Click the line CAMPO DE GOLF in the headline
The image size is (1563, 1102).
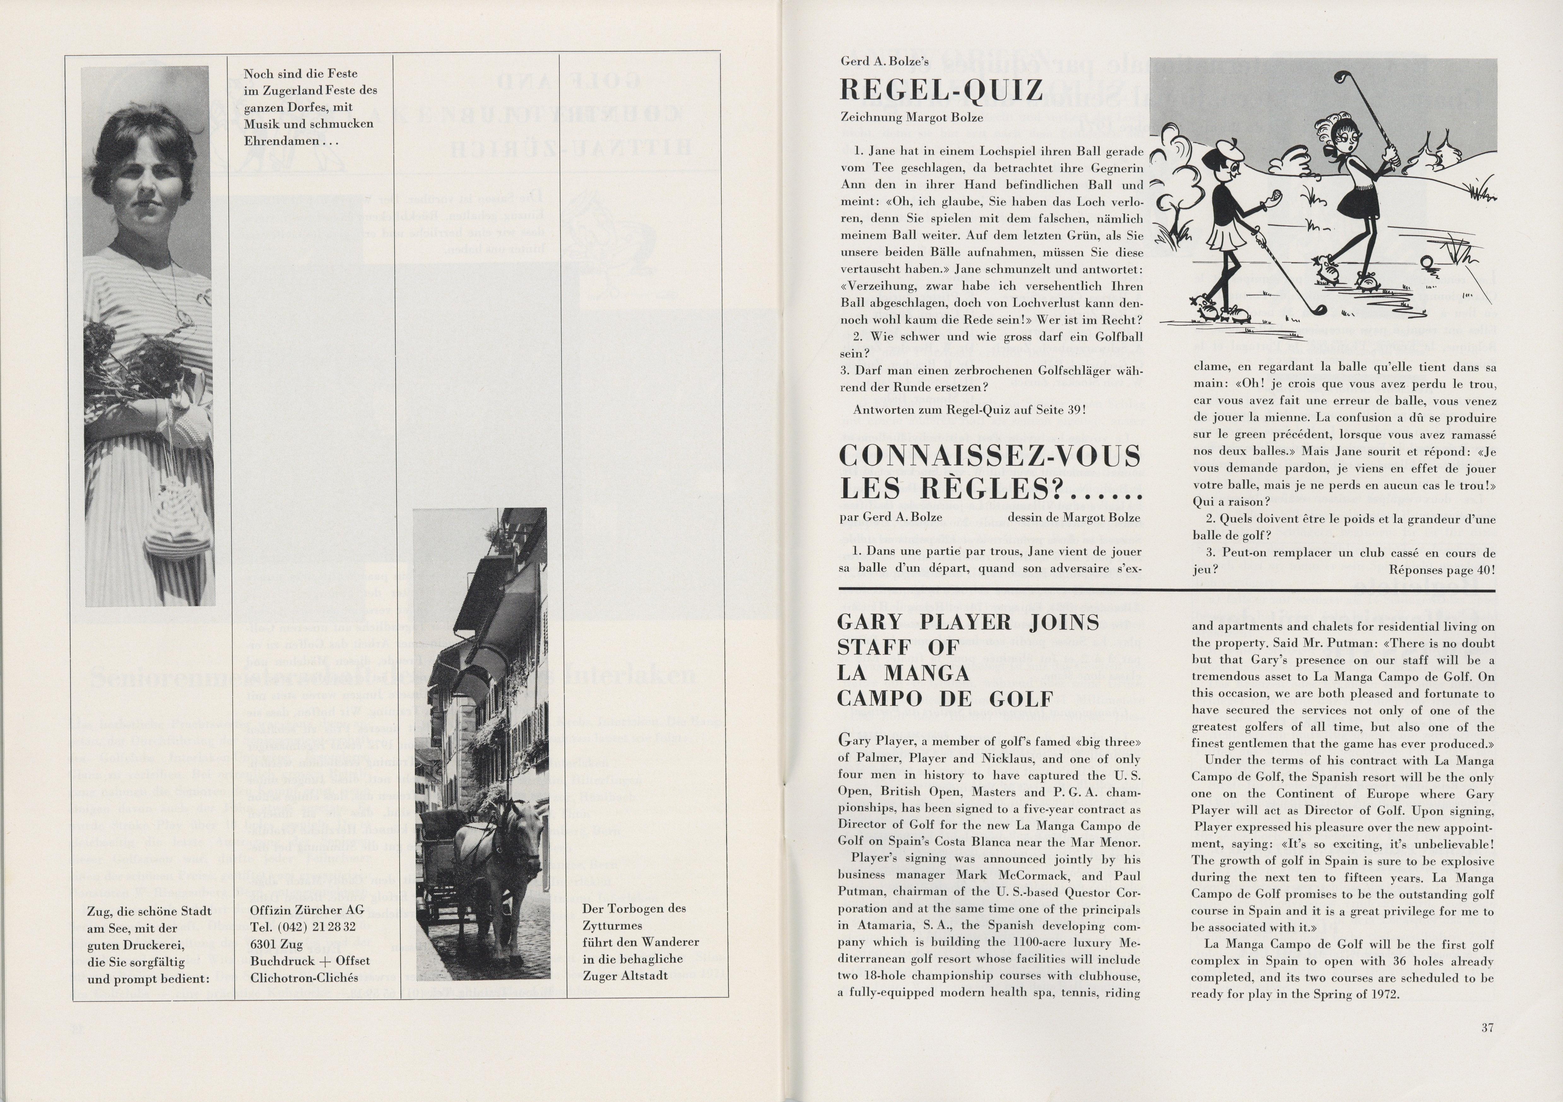(x=945, y=698)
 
